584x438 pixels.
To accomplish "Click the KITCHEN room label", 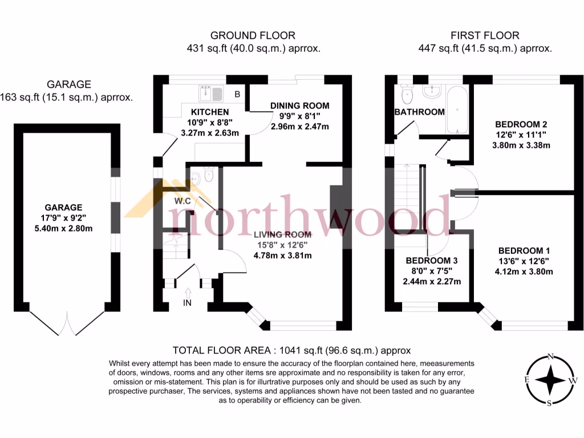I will [x=210, y=112].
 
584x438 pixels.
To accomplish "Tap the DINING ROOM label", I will [x=299, y=106].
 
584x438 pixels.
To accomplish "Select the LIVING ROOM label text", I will [x=282, y=234].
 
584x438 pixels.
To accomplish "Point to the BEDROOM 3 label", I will [x=432, y=260].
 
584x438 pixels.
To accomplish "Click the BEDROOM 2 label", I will [x=521, y=124].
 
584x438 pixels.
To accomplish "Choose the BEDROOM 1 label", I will [x=524, y=250].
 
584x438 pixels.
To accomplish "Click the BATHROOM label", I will [x=419, y=112].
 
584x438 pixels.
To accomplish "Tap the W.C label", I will [x=182, y=201].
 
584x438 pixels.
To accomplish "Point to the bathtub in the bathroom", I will [x=457, y=108].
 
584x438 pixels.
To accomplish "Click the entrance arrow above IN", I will [x=188, y=293].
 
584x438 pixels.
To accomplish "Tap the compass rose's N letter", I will [x=550, y=356].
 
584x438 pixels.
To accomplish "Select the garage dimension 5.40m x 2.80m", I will [x=64, y=229].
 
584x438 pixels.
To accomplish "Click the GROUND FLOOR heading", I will [x=253, y=36].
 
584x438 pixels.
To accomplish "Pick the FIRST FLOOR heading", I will [x=484, y=36].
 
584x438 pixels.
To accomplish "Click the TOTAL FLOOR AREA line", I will [x=291, y=350].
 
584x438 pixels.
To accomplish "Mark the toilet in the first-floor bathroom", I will [x=407, y=93].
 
